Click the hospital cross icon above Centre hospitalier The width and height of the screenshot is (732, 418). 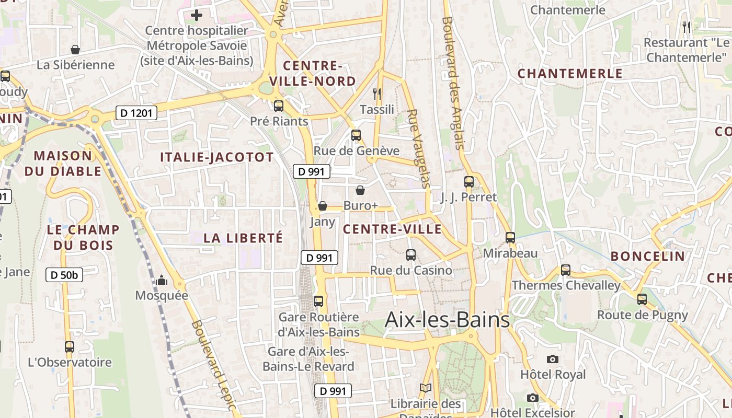click(197, 15)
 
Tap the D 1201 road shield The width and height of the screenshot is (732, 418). click(136, 113)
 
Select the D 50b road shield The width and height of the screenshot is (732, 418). click(64, 275)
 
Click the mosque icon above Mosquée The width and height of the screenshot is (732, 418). click(162, 281)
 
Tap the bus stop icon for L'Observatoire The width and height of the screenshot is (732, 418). click(70, 346)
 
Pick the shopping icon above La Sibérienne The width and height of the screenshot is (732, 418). click(75, 50)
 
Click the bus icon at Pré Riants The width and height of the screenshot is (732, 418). click(279, 106)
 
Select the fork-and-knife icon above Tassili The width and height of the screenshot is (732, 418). click(376, 94)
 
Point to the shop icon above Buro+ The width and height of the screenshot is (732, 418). click(360, 190)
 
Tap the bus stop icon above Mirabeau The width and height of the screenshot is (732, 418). click(510, 238)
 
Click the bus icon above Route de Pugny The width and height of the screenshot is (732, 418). click(642, 299)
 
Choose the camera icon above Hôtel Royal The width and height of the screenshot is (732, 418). click(553, 359)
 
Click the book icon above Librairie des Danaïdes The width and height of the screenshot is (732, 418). click(426, 388)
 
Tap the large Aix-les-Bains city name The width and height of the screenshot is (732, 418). click(447, 319)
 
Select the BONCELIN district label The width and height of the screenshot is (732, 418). click(648, 256)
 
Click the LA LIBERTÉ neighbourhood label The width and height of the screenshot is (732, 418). click(243, 238)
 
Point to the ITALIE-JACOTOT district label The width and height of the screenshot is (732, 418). click(216, 157)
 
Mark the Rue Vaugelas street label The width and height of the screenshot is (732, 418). click(419, 148)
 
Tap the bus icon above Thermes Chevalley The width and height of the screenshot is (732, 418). click(566, 270)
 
